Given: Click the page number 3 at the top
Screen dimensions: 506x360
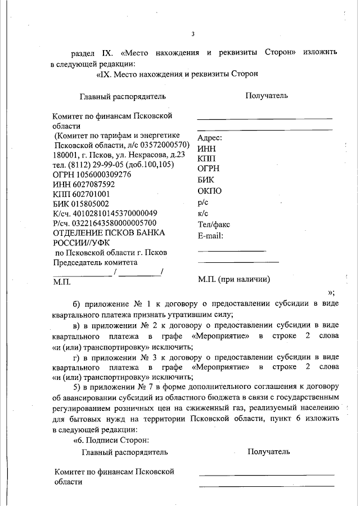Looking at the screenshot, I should [x=192, y=34].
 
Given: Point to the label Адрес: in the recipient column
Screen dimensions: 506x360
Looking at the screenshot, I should [x=210, y=138].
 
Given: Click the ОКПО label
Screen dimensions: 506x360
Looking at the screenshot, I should [x=209, y=191].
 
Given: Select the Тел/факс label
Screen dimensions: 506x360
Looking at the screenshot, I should [x=214, y=225].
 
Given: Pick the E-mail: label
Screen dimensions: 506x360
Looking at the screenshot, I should [x=211, y=235].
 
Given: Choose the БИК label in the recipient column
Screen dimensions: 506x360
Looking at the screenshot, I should [x=206, y=180].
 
